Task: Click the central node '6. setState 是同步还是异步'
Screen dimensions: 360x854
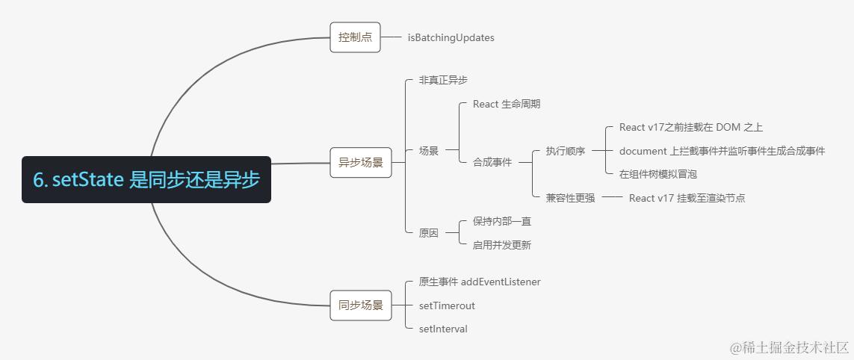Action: [146, 180]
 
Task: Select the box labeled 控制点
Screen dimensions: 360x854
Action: [355, 37]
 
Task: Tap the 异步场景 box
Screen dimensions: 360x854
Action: [360, 162]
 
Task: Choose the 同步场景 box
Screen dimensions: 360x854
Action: [360, 305]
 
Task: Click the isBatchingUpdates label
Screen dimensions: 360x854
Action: [451, 37]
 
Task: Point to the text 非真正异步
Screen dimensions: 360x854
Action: [443, 79]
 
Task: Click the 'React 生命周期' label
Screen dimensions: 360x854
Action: [506, 104]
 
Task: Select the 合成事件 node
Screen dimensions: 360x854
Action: [492, 161]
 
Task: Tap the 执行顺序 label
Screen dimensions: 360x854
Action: [566, 151]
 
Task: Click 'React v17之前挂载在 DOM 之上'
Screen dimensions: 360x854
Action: [690, 128]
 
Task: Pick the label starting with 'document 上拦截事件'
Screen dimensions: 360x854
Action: [722, 151]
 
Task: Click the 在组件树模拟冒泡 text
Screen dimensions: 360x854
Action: [657, 174]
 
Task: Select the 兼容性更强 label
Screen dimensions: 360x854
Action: [570, 198]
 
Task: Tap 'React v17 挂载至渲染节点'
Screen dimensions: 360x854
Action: [686, 198]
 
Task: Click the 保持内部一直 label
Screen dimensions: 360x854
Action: [501, 221]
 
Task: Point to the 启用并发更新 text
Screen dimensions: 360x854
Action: [501, 244]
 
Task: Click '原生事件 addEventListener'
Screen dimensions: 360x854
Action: [479, 282]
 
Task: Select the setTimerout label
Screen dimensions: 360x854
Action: [447, 305]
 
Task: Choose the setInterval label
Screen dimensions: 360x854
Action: [443, 329]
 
